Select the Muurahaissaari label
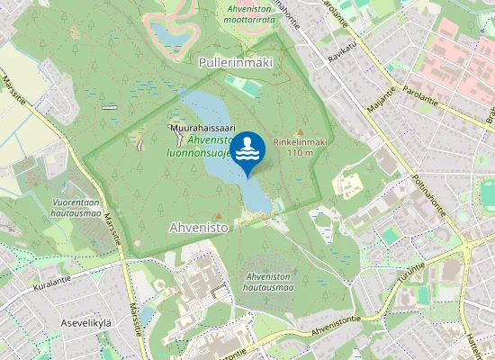click(202, 130)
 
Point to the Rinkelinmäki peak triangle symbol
click(300, 131)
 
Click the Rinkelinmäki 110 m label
click(300, 147)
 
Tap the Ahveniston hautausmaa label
click(268, 281)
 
